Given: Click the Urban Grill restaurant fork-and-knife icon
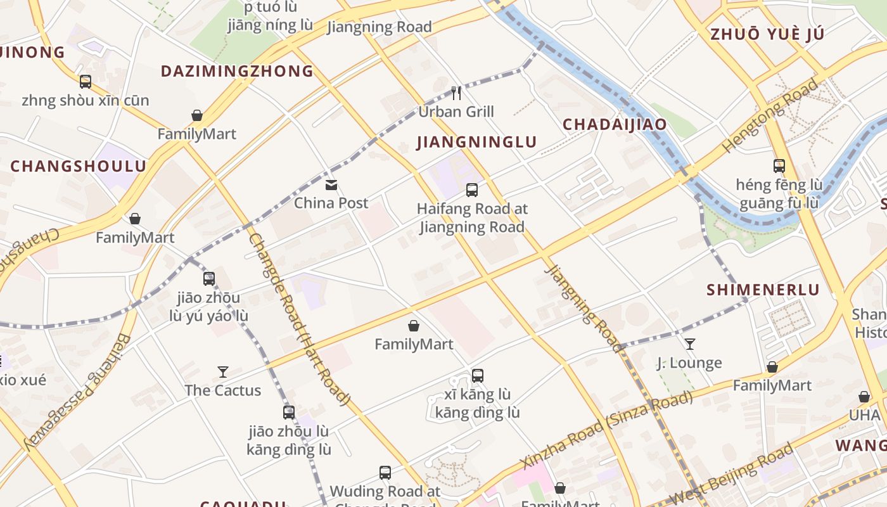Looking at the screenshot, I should pos(456,93).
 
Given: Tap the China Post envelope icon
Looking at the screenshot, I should pos(331,185).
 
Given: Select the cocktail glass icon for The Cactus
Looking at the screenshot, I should pos(223,372).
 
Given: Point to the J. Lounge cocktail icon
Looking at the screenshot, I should pos(690,344).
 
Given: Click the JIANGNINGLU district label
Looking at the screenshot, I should pos(476,143).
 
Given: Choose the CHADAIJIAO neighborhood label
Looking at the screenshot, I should pos(615,124).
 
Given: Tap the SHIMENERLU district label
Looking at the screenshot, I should pos(763,290).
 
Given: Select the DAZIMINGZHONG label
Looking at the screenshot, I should pos(237,71).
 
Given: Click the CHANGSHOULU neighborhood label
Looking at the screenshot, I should pos(78,167).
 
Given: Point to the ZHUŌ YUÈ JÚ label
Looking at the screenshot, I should pos(767,34).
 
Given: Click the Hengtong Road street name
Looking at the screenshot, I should pos(770,115).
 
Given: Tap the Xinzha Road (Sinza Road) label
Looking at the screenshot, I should pos(606,430).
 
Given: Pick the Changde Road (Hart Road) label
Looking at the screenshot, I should pos(299,319).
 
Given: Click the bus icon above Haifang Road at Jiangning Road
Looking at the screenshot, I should pos(472,189).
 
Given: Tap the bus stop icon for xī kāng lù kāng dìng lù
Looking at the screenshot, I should pos(478,376).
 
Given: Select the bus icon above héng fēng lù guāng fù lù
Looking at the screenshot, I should pos(779,166).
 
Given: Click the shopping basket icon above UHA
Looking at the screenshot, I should pos(864,397).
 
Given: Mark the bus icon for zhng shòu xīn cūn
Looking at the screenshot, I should pos(86,82).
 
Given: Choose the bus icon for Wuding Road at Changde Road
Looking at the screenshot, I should pos(385,473).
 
